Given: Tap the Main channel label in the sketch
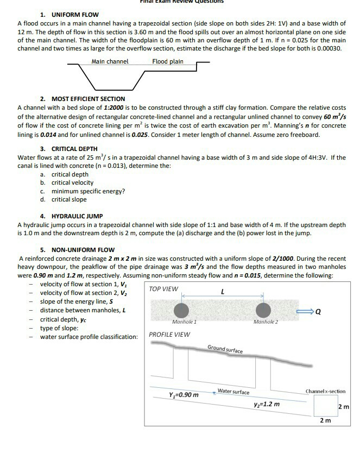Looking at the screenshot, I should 110,61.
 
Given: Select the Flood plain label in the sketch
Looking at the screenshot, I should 168,61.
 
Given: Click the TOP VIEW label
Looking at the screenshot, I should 163,289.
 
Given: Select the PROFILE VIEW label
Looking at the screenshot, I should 169,334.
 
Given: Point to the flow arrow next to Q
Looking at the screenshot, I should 317,312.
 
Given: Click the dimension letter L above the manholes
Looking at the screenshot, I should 223,292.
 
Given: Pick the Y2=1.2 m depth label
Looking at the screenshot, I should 267,404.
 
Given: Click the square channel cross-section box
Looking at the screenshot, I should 325,405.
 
